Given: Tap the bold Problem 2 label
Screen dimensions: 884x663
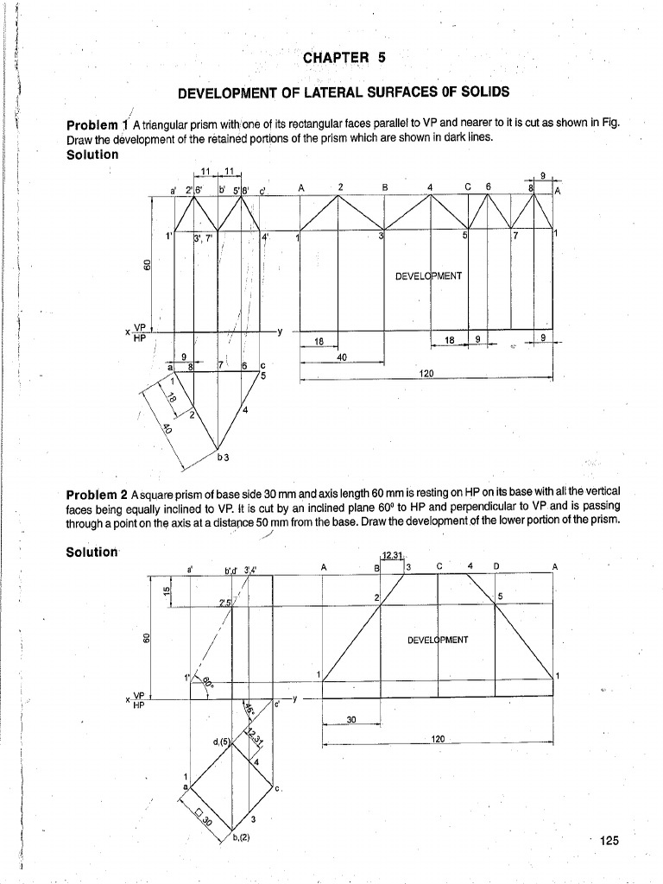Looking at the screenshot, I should (97, 494).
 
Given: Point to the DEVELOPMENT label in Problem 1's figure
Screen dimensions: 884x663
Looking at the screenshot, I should (428, 276).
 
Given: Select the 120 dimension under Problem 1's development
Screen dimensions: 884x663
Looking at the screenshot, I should (426, 373).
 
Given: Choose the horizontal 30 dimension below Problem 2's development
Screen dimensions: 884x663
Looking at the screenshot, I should (351, 719).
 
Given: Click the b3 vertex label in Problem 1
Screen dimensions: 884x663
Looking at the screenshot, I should (223, 455).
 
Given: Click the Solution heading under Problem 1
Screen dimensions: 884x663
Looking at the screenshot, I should (92, 155).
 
